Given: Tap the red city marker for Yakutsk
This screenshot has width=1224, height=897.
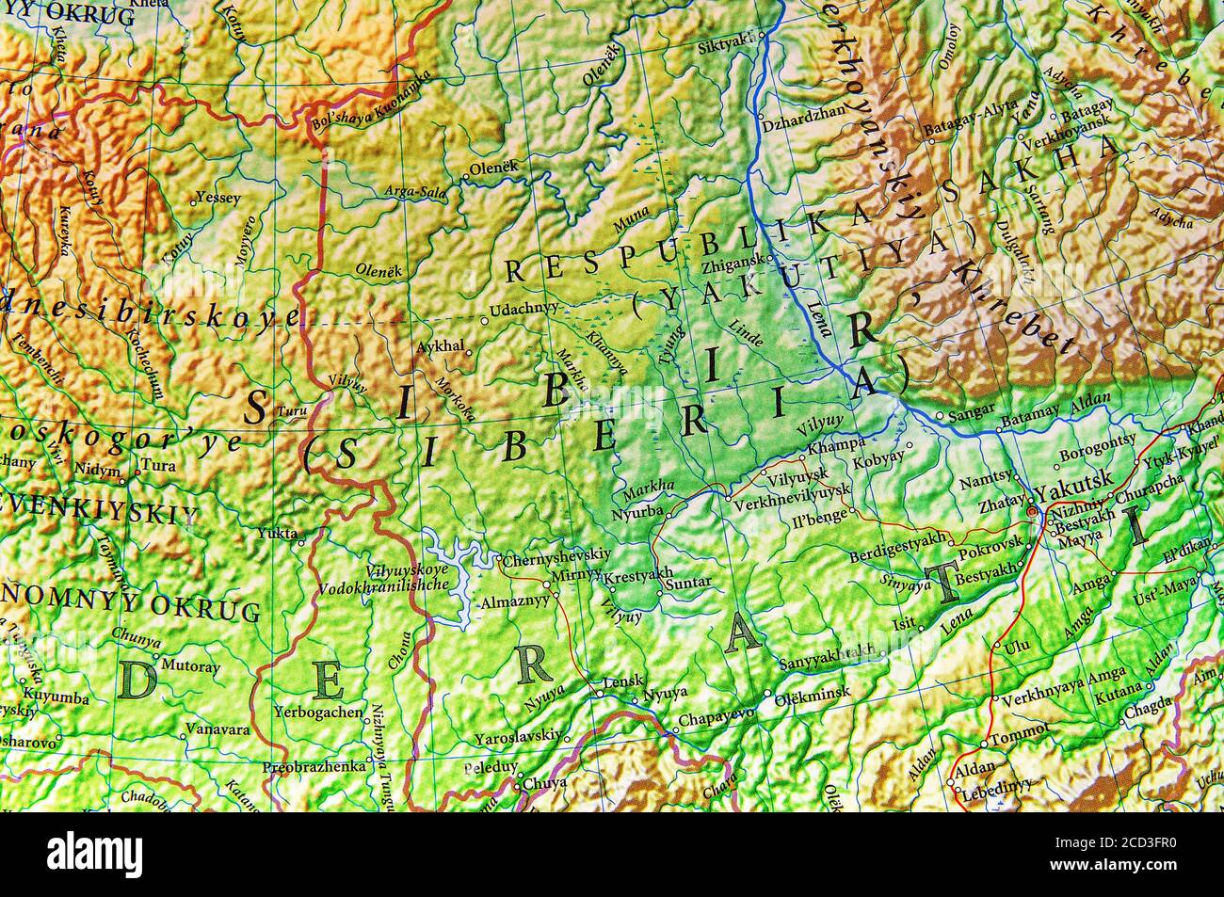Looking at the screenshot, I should [1033, 511].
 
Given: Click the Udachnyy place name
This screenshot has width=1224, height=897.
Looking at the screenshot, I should [524, 308].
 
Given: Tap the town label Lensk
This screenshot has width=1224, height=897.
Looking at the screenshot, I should [622, 680].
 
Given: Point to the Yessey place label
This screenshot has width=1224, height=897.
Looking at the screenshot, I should [217, 199].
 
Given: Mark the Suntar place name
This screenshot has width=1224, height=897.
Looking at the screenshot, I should [688, 584].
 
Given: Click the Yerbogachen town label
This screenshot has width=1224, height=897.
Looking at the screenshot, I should [318, 713].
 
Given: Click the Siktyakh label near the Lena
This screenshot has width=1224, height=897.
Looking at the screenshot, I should [726, 46].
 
